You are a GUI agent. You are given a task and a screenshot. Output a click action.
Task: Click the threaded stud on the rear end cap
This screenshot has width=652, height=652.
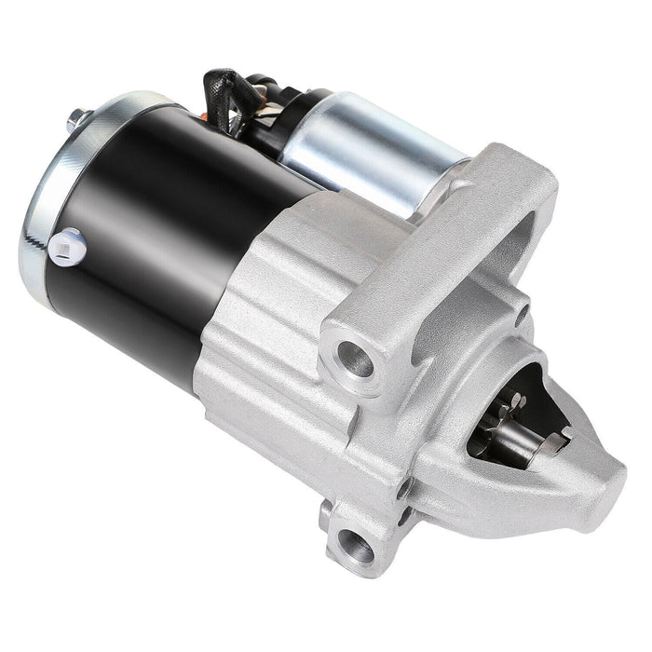tap(74, 119)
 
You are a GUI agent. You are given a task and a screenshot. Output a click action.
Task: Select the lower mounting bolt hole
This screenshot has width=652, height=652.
tap(359, 546)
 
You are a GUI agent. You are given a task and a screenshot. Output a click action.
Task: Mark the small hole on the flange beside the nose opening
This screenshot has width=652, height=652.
tap(408, 486)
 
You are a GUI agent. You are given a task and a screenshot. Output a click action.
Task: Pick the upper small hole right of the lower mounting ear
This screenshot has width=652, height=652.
tap(408, 486)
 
